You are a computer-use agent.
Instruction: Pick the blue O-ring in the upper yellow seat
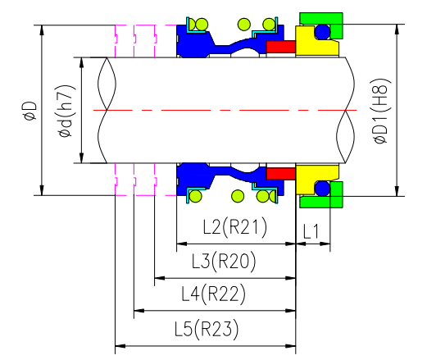pos(323,32)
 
